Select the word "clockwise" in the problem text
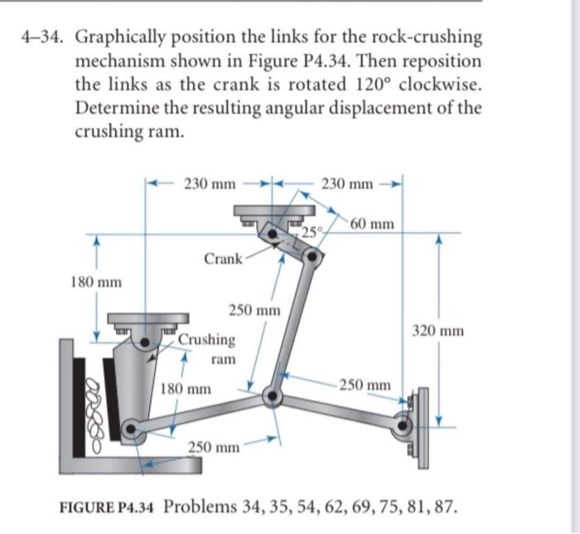coord(438,85)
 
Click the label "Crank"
coord(221,259)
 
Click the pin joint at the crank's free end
coord(312,256)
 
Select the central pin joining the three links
coord(271,397)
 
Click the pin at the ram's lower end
coord(129,430)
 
